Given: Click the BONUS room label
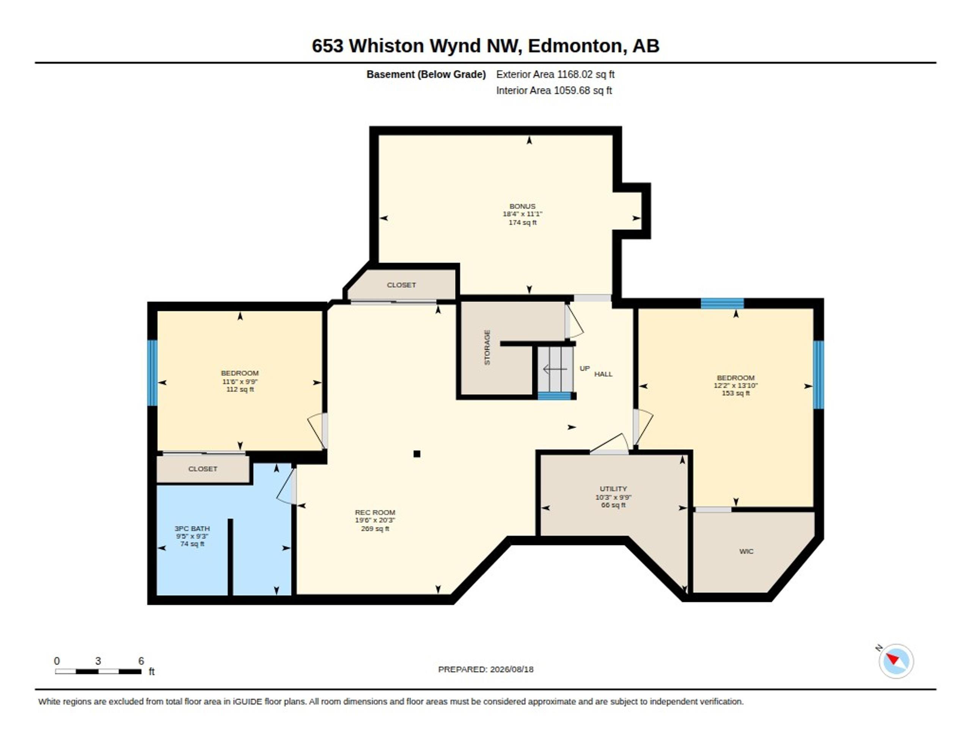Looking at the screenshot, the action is pos(522,206).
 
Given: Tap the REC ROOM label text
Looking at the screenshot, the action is pos(375,512).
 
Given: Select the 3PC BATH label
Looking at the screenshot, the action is pos(192,529).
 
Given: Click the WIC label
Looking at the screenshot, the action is pos(746,551).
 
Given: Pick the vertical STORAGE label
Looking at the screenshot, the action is pos(487,347).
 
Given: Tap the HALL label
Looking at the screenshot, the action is pos(603,374).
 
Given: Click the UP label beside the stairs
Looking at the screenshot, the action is pos(584,368).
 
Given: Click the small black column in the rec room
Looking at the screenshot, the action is pos(416,454).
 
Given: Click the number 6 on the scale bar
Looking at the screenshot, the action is pos(141,661).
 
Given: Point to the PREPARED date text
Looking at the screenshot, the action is pos(485,669).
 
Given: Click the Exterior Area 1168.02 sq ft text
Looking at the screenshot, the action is pos(555,74).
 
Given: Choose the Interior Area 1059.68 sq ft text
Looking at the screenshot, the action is pos(554,90).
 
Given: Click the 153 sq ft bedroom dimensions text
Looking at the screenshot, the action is pos(735,386).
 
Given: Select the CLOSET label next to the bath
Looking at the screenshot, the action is pos(203,469).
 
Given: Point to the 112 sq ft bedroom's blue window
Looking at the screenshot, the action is pos(152,373).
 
